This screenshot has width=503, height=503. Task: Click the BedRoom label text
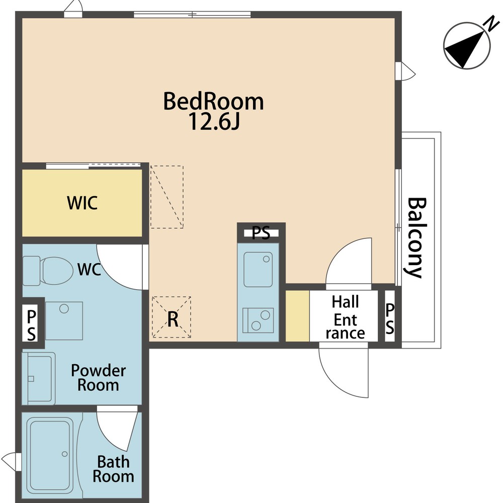pos(213,102)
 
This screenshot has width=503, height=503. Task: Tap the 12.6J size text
pos(214,122)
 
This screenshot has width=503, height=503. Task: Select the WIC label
pos(82,203)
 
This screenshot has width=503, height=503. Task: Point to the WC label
pos(89,270)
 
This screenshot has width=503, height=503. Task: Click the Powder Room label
pos(98,378)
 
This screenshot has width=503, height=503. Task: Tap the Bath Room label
pos(113,469)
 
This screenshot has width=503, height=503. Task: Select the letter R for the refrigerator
pos(173,319)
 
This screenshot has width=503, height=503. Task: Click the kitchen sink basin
pos(258,269)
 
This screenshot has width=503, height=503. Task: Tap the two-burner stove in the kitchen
pos(258,320)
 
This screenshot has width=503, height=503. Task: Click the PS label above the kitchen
pos(261,233)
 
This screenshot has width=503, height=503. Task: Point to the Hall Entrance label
pos(345,317)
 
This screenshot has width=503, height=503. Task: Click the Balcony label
pos(416,237)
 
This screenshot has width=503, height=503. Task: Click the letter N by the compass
pos(492,24)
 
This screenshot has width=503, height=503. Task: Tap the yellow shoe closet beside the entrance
pos(297,316)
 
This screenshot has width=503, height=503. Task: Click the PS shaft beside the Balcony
pos(389,316)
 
